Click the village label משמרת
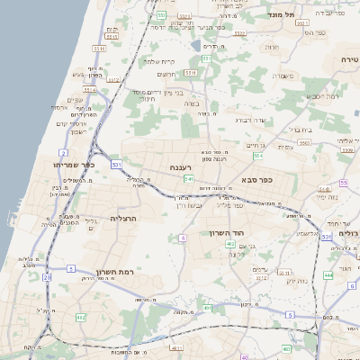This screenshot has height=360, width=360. coord(286,76)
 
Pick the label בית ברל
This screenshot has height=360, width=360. coord(301,130)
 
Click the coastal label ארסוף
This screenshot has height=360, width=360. coord(59,107)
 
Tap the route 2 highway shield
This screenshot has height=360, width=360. coord(64,154)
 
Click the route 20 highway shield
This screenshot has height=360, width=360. coord(47,277)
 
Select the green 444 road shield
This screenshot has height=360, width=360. coord(328,274)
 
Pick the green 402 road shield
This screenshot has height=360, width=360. coord(231,244)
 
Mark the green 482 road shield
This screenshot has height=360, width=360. coord(80,318)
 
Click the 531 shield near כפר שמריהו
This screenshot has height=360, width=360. coord(116,166)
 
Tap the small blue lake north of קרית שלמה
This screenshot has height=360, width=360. coord(197,44)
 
